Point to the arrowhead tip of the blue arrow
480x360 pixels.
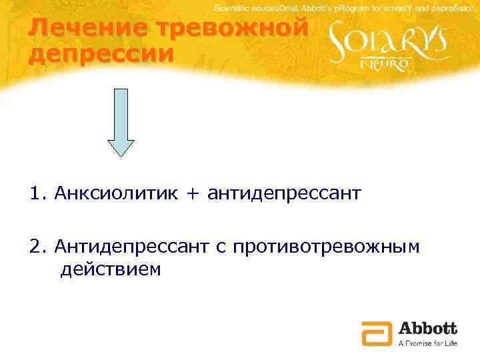tap(121, 155)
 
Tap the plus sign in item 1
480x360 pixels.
tap(194, 194)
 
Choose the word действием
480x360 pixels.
tap(110, 270)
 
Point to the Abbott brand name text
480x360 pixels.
tap(427, 328)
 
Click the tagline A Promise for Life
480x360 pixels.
tap(427, 343)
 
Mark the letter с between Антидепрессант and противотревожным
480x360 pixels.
tap(220, 248)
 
